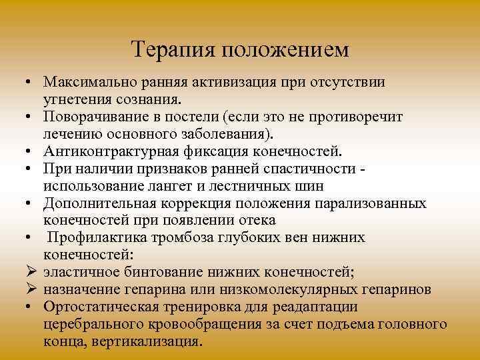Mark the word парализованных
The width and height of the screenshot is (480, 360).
(373, 203)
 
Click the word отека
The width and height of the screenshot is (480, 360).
(257, 221)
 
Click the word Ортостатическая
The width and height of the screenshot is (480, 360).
(100, 307)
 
